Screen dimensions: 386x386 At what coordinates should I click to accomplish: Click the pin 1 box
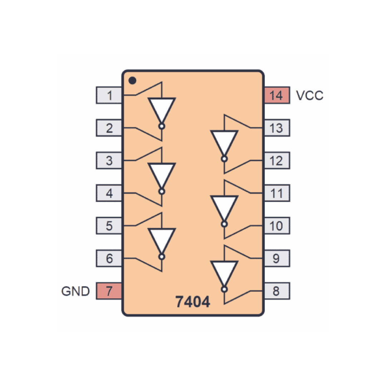coord(109,95)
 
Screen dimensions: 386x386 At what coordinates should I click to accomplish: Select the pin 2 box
coord(109,128)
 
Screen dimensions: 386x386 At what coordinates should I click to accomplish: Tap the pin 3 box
coord(109,160)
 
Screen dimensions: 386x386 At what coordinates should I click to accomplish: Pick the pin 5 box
coord(109,226)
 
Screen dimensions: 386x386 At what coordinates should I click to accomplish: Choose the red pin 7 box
coord(109,291)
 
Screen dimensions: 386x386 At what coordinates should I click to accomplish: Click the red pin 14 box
coord(277,95)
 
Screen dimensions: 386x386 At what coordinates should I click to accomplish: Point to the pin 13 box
coord(277,128)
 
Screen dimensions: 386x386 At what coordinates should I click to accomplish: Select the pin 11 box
coord(277,193)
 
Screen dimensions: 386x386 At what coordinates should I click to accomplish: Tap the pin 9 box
coord(277,258)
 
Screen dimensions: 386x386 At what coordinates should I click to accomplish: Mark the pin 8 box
coord(277,291)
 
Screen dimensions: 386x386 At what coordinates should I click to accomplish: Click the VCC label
coord(310,95)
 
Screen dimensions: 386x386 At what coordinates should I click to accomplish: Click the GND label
coord(75,291)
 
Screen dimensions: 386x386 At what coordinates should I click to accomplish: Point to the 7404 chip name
coord(193,302)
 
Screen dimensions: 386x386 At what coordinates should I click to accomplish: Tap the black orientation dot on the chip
coord(133,80)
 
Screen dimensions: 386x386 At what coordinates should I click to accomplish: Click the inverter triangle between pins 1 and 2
coord(162,110)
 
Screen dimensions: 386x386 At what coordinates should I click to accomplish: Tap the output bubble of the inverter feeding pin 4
coord(162,192)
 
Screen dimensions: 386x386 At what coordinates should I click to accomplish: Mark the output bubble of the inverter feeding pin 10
coord(224,224)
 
